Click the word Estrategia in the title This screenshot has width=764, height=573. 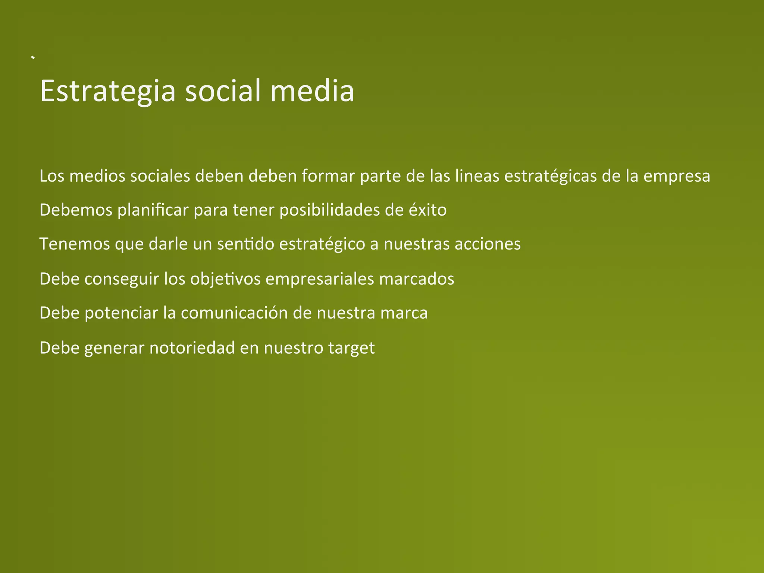pos(107,91)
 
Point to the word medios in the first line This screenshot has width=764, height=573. pos(97,176)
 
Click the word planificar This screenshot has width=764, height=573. pos(153,210)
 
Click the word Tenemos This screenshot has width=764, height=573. pos(75,244)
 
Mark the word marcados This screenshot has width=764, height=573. pos(417,279)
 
